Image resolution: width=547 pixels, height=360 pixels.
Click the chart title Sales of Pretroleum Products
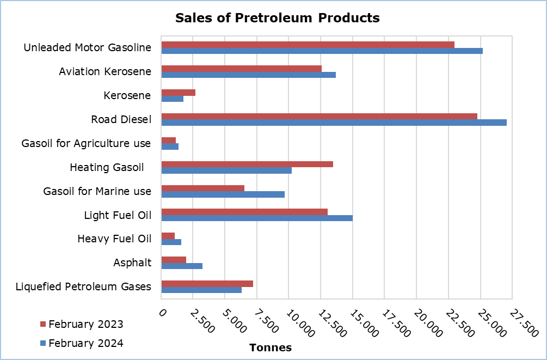point(277,18)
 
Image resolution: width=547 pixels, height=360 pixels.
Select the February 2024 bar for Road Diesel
point(334,123)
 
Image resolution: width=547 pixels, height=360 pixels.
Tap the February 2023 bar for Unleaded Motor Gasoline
point(308,45)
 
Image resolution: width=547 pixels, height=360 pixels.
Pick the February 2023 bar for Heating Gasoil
point(247,164)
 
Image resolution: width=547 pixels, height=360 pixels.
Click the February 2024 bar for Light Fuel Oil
point(257,218)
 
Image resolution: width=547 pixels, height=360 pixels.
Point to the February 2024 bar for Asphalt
point(182,266)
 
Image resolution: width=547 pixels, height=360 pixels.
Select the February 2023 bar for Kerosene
point(178,93)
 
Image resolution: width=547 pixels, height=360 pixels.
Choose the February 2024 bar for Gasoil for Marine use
point(223,194)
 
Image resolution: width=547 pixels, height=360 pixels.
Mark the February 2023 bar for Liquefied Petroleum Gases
point(207,284)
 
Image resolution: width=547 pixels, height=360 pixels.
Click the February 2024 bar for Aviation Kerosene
point(248,75)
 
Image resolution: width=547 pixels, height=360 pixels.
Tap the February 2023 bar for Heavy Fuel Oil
point(168,236)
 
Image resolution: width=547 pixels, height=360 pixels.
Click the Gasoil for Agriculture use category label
point(86,144)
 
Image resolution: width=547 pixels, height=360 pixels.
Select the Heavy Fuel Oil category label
point(114,239)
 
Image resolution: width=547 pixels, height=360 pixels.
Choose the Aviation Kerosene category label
point(105,72)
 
